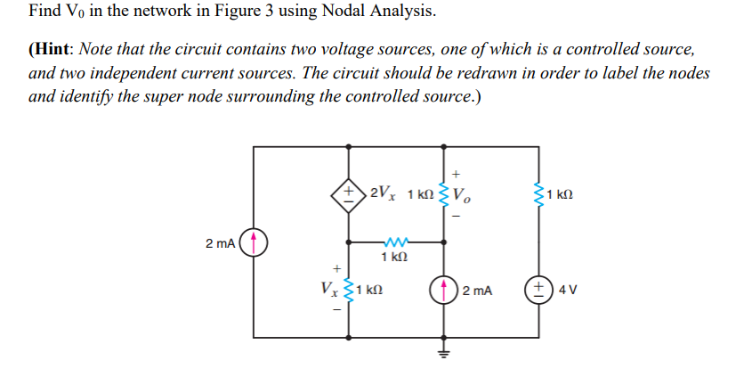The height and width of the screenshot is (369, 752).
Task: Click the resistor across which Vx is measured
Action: point(349,291)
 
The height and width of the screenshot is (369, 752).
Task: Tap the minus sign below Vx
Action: point(336,311)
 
